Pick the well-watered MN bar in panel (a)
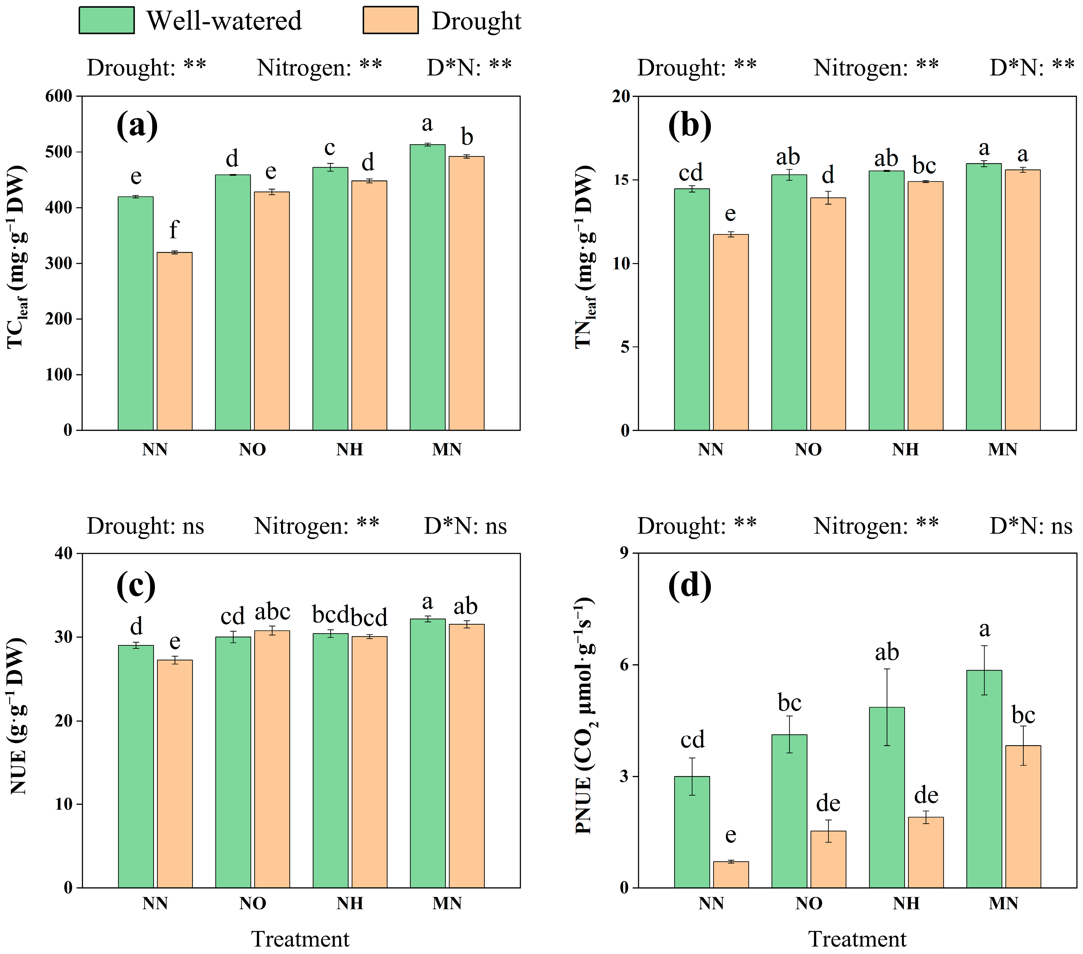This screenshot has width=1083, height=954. point(428,287)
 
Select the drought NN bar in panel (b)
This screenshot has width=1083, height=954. point(731,332)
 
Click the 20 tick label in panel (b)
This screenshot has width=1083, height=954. point(621,96)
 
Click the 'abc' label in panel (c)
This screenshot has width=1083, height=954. point(272,612)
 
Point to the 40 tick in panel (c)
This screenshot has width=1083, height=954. point(64,553)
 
